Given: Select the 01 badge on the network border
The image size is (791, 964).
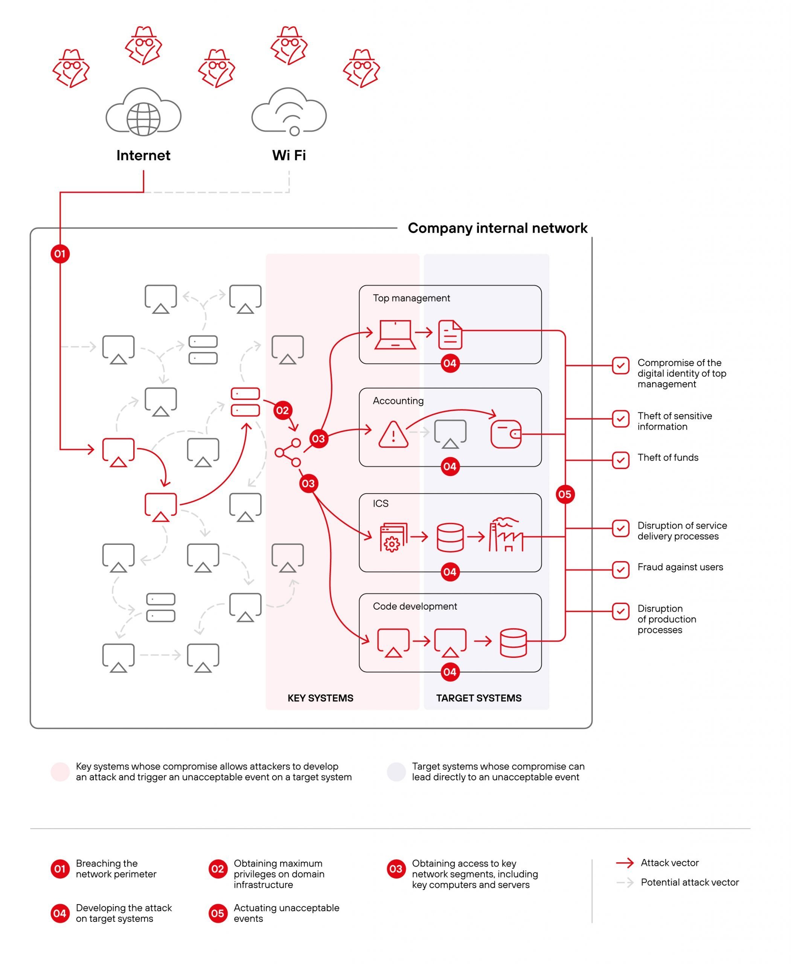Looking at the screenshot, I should point(60,254).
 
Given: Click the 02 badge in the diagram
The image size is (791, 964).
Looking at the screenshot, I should point(282,410).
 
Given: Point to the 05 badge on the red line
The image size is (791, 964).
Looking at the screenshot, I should point(565,494).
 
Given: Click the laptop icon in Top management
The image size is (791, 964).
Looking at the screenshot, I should point(395,335).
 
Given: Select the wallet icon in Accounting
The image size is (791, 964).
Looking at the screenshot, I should point(506,434).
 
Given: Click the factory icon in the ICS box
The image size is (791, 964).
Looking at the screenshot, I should point(506,535).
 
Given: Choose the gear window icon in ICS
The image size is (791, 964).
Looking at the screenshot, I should point(393,538).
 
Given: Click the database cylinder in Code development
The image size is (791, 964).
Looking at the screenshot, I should point(513,643).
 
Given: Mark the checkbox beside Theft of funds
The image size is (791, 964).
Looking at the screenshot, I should point(620,460).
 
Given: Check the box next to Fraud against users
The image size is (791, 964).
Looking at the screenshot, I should point(620,570).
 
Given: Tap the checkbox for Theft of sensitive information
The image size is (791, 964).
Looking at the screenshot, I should point(620,418).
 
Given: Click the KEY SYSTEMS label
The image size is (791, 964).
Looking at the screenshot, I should point(320,698).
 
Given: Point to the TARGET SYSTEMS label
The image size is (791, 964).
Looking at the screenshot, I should point(479,698).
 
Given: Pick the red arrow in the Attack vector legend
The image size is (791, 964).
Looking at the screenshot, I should point(625,863).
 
